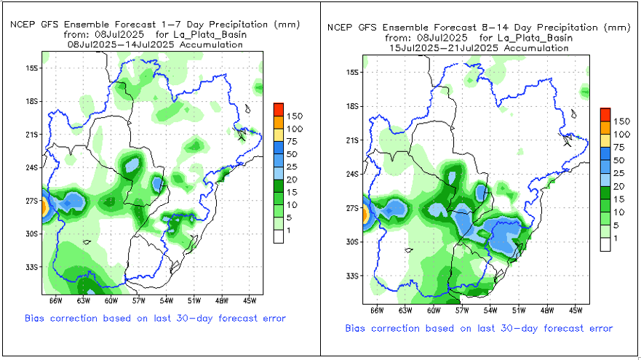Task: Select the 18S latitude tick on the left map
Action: coord(31,101)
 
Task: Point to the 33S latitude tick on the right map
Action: coord(351,276)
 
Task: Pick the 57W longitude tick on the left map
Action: coord(138,299)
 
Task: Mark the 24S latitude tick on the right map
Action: coord(351,174)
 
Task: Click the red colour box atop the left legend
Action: coord(279,110)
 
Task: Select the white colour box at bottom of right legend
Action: coord(605,244)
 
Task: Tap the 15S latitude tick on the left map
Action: coord(31,68)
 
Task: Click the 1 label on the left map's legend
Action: coord(290,231)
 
